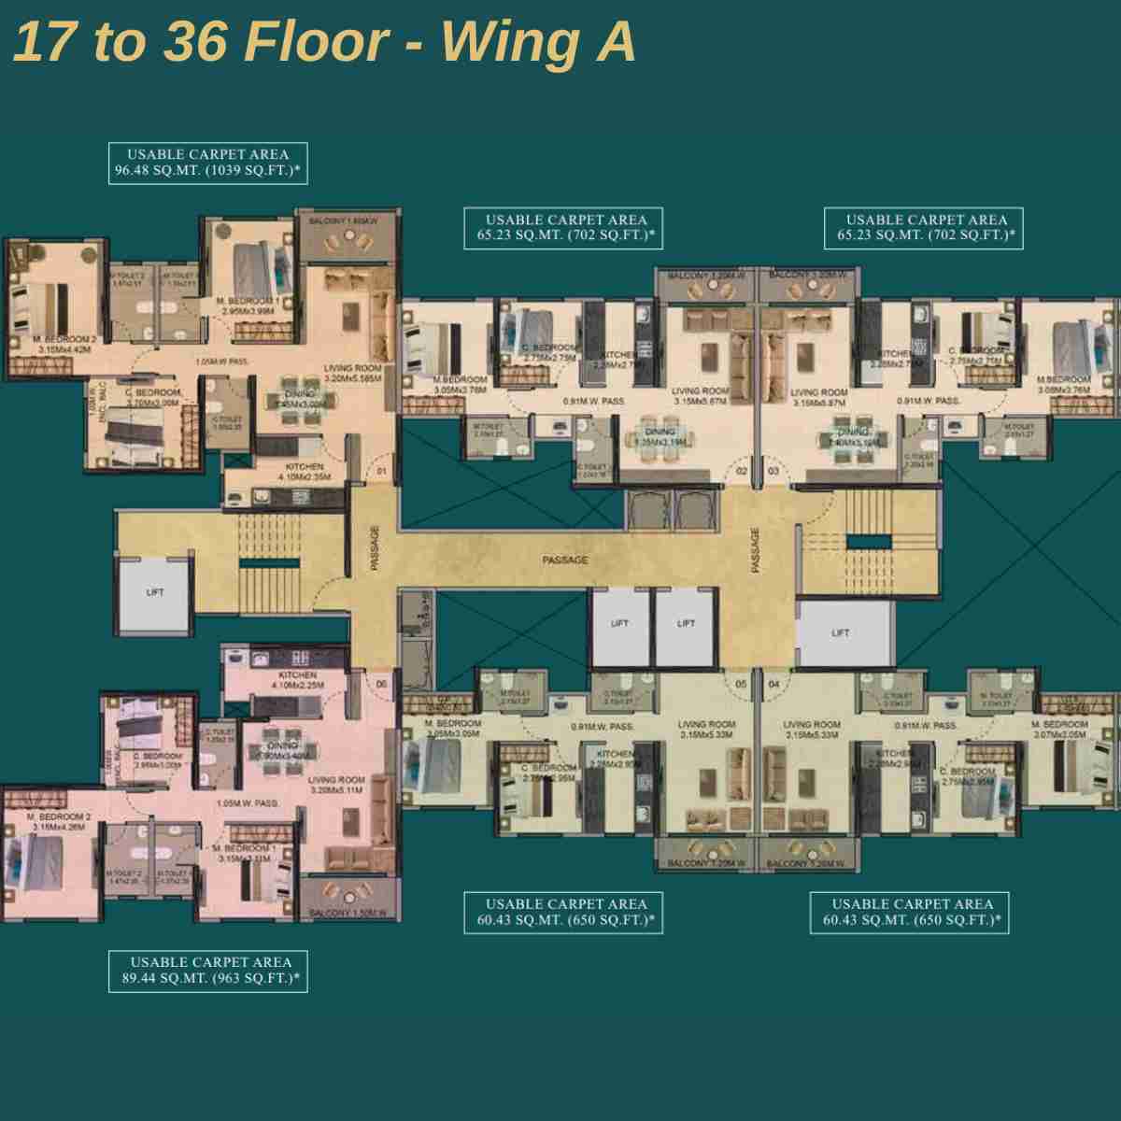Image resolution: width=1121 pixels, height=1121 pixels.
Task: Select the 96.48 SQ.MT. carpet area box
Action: click(x=208, y=163)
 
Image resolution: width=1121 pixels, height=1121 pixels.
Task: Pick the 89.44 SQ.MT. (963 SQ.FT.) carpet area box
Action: click(x=208, y=971)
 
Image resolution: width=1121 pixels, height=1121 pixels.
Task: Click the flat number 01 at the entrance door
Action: click(x=381, y=473)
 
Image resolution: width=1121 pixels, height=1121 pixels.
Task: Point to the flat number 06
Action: click(x=381, y=684)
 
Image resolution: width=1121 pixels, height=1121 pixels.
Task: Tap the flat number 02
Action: click(x=741, y=473)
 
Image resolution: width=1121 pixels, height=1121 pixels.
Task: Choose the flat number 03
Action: click(x=773, y=473)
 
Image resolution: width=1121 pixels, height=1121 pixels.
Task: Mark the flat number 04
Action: click(x=773, y=684)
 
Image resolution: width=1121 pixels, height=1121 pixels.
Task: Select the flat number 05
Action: click(x=741, y=684)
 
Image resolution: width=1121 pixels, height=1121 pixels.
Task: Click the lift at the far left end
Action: click(x=155, y=592)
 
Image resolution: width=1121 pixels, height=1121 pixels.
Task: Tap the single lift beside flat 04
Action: click(x=840, y=633)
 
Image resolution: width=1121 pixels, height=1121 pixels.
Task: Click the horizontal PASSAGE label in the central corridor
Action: click(x=565, y=560)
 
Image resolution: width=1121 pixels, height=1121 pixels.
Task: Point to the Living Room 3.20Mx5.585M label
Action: click(x=353, y=375)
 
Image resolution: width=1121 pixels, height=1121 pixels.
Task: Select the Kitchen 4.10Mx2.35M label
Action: click(x=300, y=471)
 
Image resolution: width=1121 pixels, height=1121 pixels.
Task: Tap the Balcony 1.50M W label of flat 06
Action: click(x=353, y=912)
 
